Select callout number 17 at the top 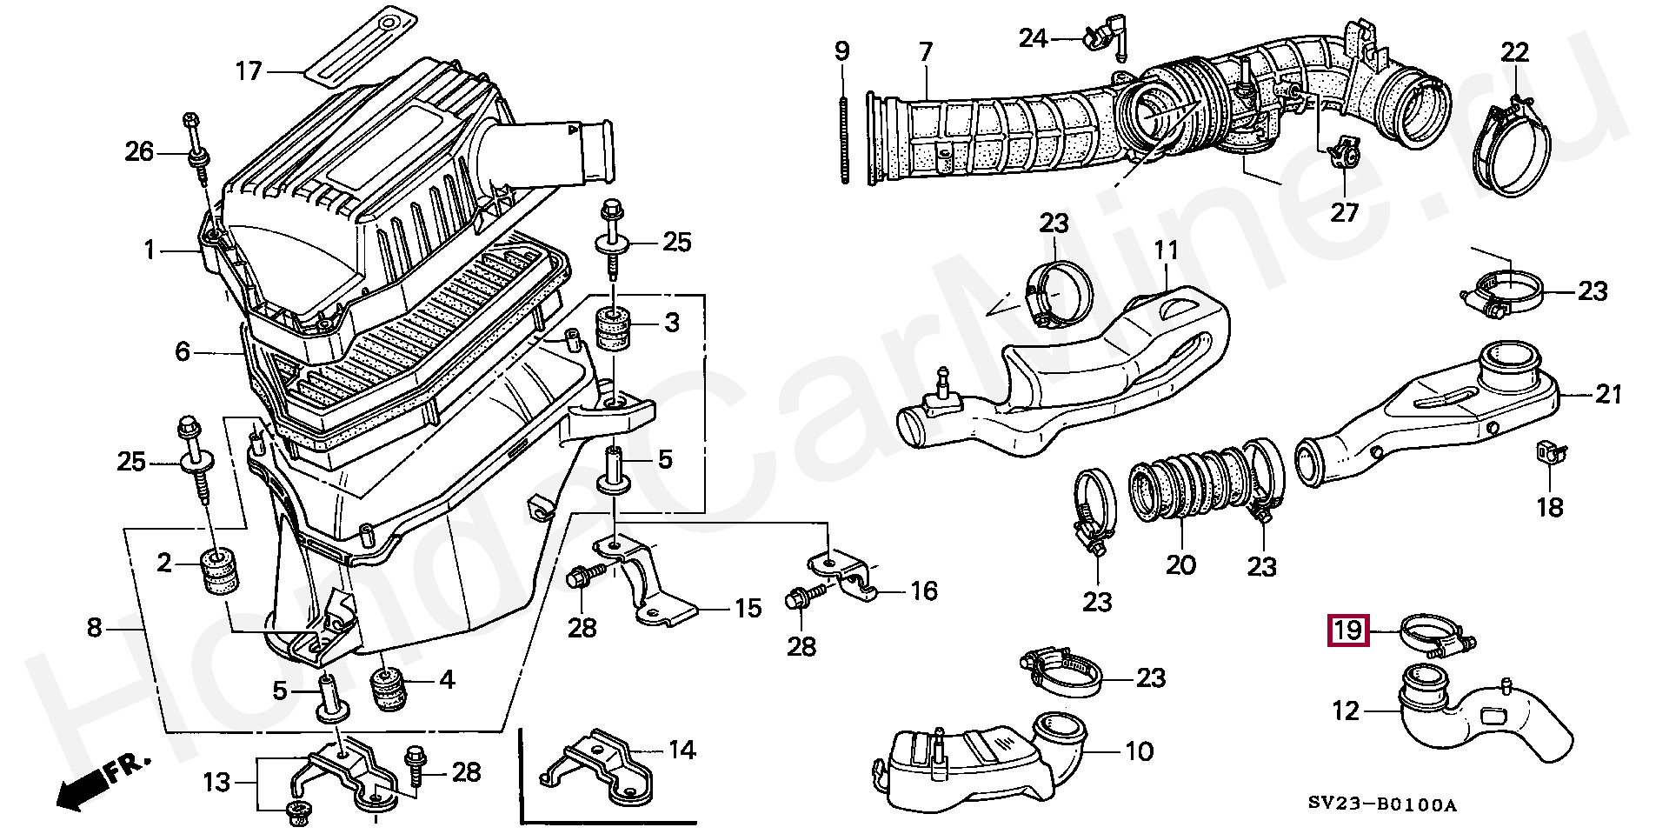pyautogui.click(x=249, y=70)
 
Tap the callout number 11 pyautogui.click(x=1166, y=251)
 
